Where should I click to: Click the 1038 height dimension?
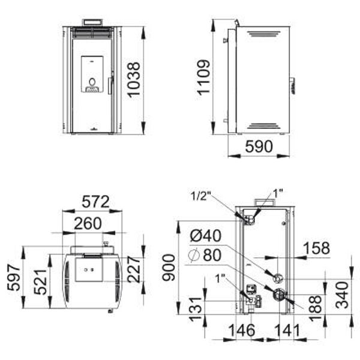pyautogui.click(x=133, y=80)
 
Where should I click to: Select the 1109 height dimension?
pyautogui.click(x=203, y=77)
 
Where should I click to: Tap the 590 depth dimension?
pyautogui.click(x=259, y=146)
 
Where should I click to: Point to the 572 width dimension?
pyautogui.click(x=95, y=202)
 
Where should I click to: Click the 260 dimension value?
pyautogui.click(x=88, y=223)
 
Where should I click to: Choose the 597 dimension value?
pyautogui.click(x=14, y=277)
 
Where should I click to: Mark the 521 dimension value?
pyautogui.click(x=40, y=282)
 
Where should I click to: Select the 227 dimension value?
pyautogui.click(x=134, y=269)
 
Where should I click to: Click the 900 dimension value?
pyautogui.click(x=169, y=268)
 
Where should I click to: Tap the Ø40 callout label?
pyautogui.click(x=206, y=236)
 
